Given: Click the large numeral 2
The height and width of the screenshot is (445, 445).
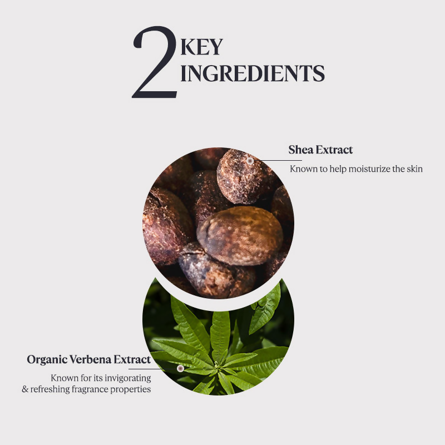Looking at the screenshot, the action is (x=155, y=62).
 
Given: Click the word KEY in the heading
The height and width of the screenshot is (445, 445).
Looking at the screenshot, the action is (x=201, y=47).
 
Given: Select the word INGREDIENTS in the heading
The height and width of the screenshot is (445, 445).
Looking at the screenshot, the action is (x=253, y=73).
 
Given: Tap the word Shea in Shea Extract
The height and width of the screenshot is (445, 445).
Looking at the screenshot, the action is (x=301, y=150).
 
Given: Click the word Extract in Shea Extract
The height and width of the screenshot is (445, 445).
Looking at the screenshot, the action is (x=334, y=150).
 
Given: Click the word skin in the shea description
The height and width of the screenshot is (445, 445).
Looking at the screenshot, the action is (x=414, y=169).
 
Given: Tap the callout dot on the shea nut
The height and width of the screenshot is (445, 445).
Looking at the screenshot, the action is (x=250, y=161).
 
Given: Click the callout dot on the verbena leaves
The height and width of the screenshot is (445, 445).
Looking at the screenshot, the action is (x=180, y=368).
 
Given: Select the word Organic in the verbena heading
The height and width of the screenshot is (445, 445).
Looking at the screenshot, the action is (x=47, y=359).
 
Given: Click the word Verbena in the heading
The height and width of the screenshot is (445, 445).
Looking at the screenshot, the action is (x=91, y=359).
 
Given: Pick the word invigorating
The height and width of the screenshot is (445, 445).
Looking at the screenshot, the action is (x=128, y=378).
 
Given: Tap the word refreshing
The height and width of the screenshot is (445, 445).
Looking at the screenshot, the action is (x=50, y=389).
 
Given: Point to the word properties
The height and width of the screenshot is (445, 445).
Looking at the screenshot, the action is (x=131, y=389).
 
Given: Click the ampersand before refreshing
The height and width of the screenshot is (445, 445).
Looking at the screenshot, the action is (x=25, y=389).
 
